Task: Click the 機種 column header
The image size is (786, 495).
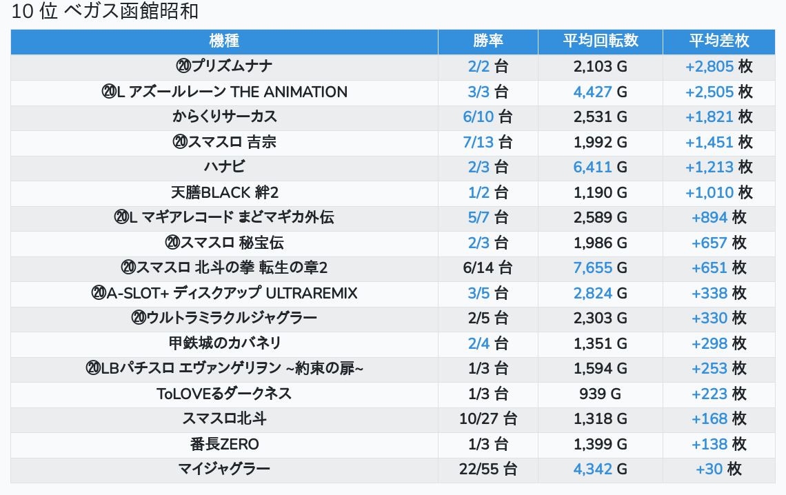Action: [224, 41]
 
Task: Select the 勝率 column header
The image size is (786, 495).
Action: [488, 41]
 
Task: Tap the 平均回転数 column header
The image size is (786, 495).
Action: [601, 41]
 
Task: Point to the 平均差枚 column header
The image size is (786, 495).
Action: [719, 41]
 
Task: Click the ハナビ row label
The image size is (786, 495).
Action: [224, 167]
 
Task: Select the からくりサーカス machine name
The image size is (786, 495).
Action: [224, 117]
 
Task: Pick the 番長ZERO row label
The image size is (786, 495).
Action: [224, 444]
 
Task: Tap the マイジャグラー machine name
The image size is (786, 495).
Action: [224, 469]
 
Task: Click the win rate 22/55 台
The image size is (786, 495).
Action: [488, 469]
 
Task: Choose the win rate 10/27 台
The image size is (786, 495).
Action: [488, 419]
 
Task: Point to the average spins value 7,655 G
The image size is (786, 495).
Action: [601, 267]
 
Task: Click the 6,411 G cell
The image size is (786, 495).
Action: [601, 167]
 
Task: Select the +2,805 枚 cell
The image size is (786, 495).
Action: [719, 66]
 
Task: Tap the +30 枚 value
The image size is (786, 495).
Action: [719, 469]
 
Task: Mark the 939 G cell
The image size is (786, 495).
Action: [601, 394]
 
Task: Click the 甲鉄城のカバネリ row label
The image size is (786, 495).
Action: [224, 343]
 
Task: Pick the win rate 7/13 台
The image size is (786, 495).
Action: [488, 142]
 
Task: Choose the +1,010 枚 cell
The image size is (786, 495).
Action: [719, 192]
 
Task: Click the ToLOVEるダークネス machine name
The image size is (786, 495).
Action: [224, 394]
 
